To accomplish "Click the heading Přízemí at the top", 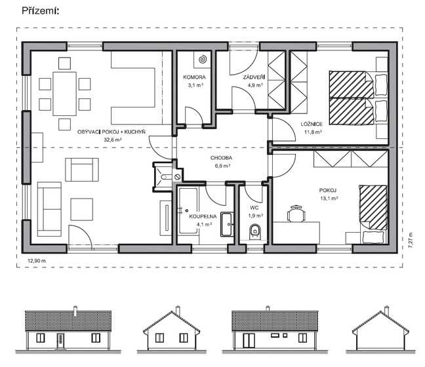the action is [x=41, y=11].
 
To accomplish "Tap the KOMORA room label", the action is [x=194, y=77].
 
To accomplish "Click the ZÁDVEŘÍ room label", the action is [x=254, y=77].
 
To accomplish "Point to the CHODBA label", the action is [x=221, y=158].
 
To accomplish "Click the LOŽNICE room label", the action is [x=312, y=125].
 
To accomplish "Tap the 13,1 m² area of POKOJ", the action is [x=329, y=199].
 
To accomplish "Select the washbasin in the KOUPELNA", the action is [x=226, y=224].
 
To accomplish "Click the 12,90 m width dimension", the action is [x=37, y=261].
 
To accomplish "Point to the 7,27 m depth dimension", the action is [x=410, y=241].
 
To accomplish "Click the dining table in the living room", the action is [x=64, y=94].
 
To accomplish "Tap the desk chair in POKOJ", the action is [x=296, y=214].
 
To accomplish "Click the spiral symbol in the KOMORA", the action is [x=203, y=60].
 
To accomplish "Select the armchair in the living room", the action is [x=82, y=170].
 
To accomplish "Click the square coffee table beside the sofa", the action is [x=82, y=209].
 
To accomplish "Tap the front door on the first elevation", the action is [x=61, y=341].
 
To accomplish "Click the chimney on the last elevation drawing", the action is [x=386, y=311].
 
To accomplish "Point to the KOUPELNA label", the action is [x=203, y=216].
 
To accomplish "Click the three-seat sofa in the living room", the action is [x=49, y=209].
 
